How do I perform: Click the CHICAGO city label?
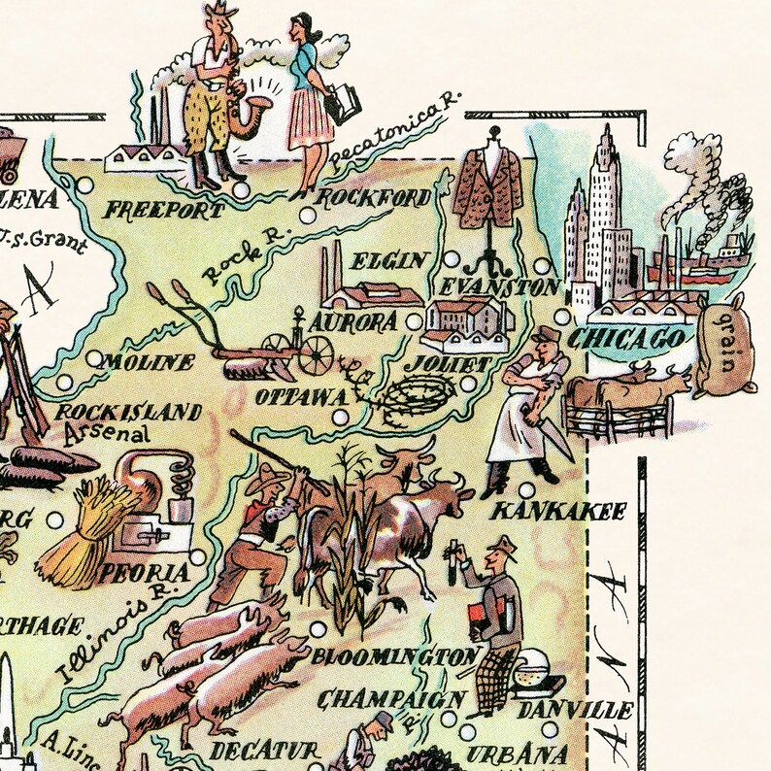click(x=626, y=339)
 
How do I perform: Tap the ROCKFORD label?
click(x=374, y=200)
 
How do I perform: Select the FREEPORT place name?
click(x=151, y=210)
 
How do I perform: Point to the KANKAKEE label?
click(x=557, y=510)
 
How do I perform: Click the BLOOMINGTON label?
click(x=394, y=656)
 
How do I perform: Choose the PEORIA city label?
click(x=151, y=572)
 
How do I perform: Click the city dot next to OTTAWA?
click(x=339, y=417)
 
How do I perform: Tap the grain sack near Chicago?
click(x=722, y=347)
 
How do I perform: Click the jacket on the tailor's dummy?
click(x=488, y=189)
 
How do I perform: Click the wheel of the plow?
click(x=316, y=355)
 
